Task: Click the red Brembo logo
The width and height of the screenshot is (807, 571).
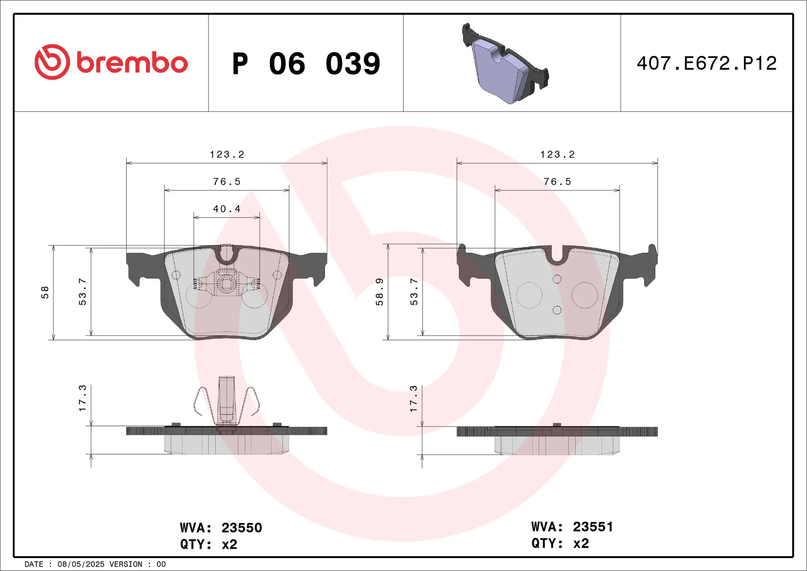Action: click(111, 62)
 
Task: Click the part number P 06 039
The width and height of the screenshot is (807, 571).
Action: click(306, 64)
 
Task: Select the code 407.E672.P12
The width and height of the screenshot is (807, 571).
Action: click(707, 63)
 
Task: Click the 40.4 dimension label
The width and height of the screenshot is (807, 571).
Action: click(227, 209)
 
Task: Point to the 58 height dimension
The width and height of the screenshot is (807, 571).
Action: click(45, 292)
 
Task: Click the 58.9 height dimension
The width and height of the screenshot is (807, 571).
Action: click(380, 291)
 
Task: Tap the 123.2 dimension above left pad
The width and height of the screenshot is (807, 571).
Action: click(227, 154)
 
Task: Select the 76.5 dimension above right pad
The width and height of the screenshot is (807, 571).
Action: click(557, 182)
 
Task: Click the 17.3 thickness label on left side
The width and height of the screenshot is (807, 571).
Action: click(82, 398)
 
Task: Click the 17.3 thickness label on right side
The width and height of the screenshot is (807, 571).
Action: click(414, 398)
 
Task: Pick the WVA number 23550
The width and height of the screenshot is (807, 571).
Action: click(242, 528)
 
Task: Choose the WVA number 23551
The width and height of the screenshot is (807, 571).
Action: click(593, 527)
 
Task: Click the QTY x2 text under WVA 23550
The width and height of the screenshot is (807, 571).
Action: click(209, 545)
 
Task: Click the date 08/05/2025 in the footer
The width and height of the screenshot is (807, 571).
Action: click(81, 564)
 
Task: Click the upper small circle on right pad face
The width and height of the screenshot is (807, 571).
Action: click(557, 279)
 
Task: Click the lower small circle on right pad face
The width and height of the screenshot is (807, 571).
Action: click(557, 310)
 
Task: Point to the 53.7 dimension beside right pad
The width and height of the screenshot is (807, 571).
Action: click(414, 291)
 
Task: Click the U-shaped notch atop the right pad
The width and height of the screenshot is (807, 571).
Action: click(557, 256)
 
